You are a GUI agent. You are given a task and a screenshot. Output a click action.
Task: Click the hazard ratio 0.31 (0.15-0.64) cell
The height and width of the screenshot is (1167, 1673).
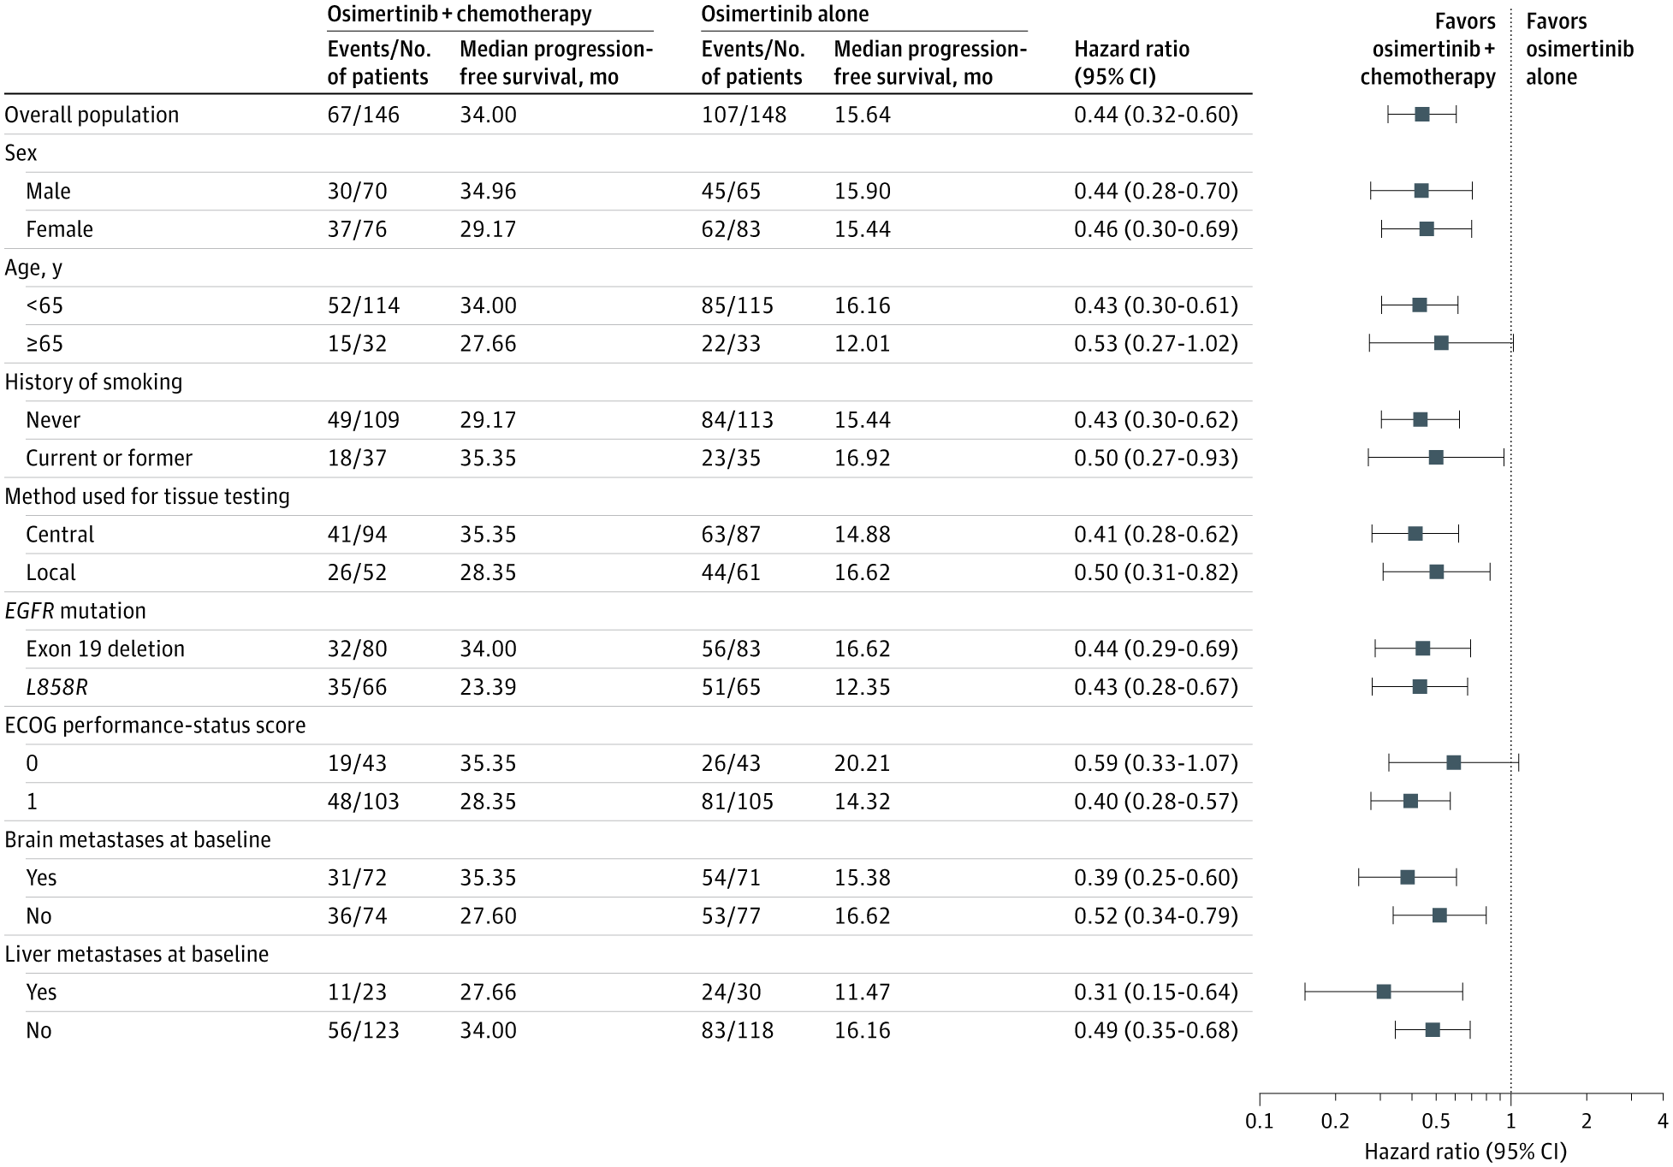(1156, 992)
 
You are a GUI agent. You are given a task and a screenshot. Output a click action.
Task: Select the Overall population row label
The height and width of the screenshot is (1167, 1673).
(92, 115)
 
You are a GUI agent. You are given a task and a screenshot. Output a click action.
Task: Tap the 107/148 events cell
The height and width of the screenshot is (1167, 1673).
(744, 115)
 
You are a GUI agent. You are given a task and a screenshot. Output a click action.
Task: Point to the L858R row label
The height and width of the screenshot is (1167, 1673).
(56, 687)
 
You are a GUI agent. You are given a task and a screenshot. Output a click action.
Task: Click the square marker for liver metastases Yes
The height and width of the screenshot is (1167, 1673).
(1384, 992)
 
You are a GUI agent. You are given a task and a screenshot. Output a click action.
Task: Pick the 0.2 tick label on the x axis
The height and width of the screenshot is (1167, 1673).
(1335, 1121)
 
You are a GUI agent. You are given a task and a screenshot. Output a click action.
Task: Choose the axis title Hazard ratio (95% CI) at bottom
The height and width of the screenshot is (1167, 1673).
(1465, 1152)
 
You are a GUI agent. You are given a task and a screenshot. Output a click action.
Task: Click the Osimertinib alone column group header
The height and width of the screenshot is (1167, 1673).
(785, 15)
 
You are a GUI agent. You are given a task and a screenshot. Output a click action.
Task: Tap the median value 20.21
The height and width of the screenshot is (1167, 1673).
(863, 763)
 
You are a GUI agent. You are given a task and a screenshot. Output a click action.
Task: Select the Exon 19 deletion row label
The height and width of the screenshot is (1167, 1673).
(105, 649)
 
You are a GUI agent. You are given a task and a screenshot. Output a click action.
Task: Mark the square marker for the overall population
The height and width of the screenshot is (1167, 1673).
(1422, 115)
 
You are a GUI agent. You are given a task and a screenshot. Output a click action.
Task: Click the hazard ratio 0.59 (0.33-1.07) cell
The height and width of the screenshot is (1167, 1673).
(1156, 763)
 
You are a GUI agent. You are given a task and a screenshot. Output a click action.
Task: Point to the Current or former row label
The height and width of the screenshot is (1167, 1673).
(110, 458)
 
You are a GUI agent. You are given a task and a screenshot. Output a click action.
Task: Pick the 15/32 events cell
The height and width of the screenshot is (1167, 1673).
(357, 344)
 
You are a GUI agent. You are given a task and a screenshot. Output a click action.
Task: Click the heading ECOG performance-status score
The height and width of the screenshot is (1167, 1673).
(156, 726)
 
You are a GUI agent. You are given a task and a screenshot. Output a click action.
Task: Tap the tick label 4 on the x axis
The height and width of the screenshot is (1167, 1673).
(1663, 1121)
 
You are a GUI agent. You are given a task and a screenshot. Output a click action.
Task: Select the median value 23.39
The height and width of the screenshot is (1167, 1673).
(488, 687)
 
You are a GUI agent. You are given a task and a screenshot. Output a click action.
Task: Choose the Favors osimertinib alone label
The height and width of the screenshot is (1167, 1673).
(1580, 50)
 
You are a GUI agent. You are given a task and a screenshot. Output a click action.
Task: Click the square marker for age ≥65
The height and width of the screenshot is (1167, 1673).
(1441, 343)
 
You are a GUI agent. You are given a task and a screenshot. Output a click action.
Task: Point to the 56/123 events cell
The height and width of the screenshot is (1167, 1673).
(364, 1030)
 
